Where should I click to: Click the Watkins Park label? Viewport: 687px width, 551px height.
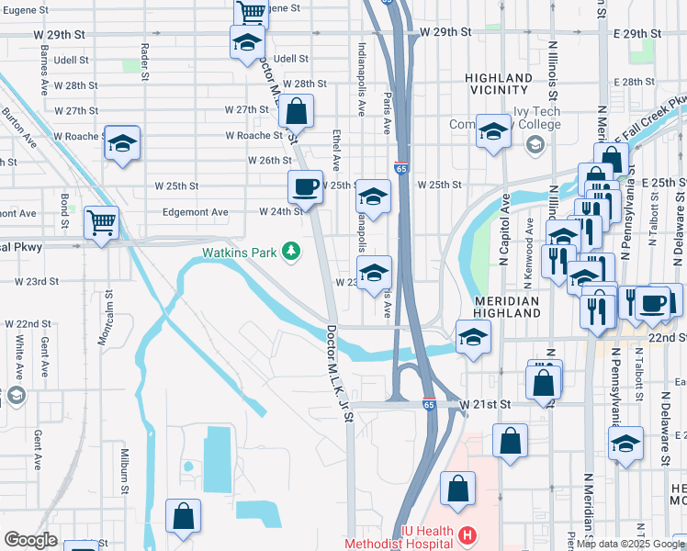(x=241, y=251)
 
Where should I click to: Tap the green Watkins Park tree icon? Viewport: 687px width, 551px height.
(x=291, y=250)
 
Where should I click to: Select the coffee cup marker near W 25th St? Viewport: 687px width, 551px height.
(x=306, y=186)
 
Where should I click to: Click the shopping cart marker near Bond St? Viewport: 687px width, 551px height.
(x=101, y=222)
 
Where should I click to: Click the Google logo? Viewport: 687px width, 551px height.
(x=30, y=540)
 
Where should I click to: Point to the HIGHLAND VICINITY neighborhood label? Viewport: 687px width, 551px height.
(x=499, y=84)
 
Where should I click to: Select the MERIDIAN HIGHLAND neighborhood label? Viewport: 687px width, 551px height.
(x=507, y=307)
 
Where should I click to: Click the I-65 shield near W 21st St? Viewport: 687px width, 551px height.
(x=429, y=403)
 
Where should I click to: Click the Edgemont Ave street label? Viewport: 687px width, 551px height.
(x=195, y=212)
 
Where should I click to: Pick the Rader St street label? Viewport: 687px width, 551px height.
(x=145, y=61)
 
